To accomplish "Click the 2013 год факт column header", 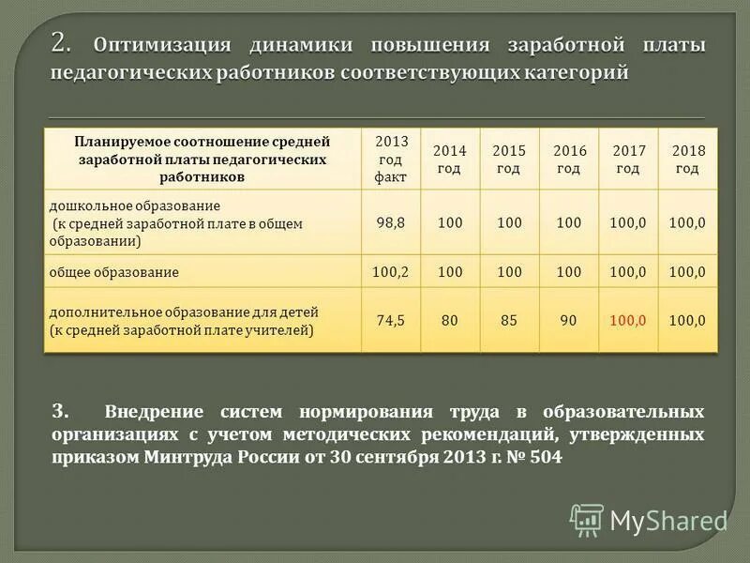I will click(391, 158).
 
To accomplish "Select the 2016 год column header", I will click(569, 160).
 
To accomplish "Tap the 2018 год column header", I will click(687, 160).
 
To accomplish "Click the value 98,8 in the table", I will click(391, 222).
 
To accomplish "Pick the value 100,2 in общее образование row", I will click(391, 271).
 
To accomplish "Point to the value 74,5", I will click(391, 320).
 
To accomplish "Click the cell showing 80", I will click(450, 320).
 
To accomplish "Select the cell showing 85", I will click(509, 320).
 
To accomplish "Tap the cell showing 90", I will click(569, 320).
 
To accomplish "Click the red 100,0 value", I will click(628, 320).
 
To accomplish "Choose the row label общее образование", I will click(113, 272).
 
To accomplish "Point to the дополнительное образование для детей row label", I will click(184, 311).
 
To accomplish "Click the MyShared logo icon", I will click(587, 519).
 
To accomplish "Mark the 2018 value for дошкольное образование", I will click(687, 222).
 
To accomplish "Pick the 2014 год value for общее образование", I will click(450, 271).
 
